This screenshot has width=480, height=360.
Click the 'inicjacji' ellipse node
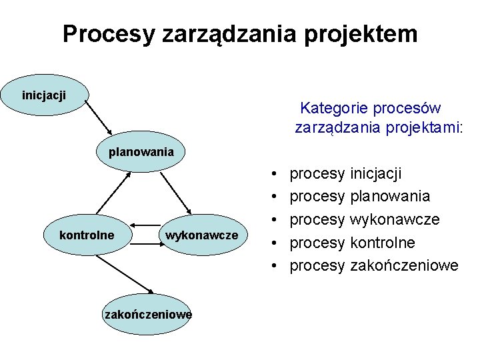point(44,95)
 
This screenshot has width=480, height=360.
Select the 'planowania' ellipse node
point(141,152)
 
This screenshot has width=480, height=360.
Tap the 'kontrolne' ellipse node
point(87,235)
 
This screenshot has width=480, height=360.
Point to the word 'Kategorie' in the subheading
point(332,107)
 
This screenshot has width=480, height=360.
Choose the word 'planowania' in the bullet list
point(389,197)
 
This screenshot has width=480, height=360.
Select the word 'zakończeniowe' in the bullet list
point(403,265)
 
